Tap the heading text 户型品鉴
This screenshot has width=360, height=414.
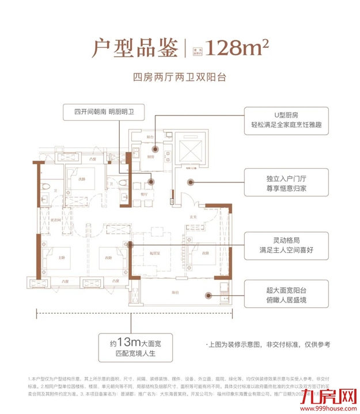coord(132,48)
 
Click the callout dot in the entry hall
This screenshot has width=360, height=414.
coord(190,182)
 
